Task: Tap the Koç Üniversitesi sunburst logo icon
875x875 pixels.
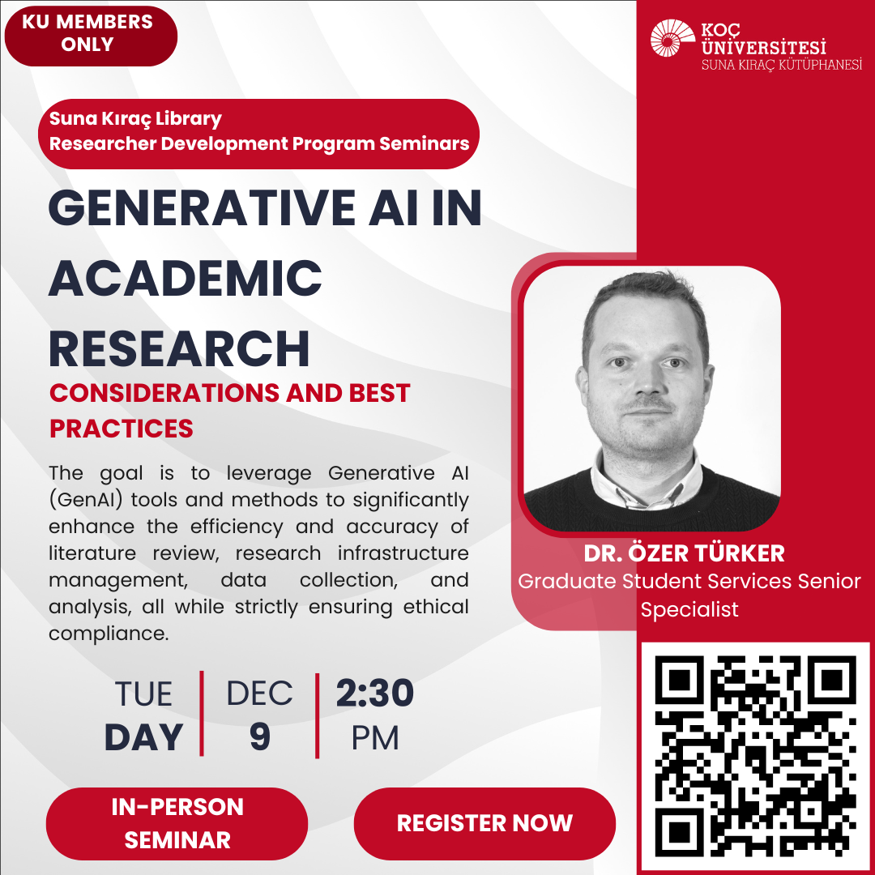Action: (x=672, y=38)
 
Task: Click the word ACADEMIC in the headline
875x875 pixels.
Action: (x=186, y=278)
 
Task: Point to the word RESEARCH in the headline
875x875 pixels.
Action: (x=179, y=348)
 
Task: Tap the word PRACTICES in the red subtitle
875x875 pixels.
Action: (x=122, y=428)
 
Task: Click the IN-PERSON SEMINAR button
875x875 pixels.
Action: (x=177, y=823)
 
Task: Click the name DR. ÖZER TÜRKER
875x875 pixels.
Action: (x=684, y=554)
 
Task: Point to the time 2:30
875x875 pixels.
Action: (x=375, y=694)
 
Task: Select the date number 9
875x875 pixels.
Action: (x=259, y=737)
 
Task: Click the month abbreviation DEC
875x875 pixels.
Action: (x=259, y=694)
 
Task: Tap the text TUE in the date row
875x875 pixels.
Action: (x=143, y=694)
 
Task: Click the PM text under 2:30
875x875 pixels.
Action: (x=375, y=738)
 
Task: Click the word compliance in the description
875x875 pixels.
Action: (x=108, y=634)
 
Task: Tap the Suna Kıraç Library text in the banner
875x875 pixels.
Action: (x=135, y=119)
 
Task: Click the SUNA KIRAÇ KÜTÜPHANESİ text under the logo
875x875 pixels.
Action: (x=782, y=65)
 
